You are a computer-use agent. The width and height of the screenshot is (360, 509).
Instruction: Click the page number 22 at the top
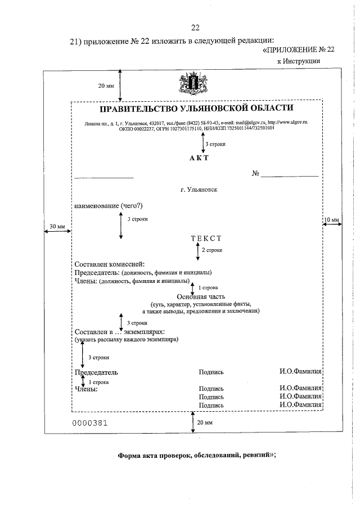(195, 28)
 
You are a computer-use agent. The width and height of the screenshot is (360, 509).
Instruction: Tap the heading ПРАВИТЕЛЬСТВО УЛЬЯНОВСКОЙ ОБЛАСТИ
(196, 108)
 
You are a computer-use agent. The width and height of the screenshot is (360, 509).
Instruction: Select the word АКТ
(199, 157)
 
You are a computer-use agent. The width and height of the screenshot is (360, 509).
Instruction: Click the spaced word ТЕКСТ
(206, 238)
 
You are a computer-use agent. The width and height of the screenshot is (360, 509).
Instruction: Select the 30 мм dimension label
(57, 226)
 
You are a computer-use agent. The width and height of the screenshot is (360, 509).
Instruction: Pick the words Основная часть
(201, 296)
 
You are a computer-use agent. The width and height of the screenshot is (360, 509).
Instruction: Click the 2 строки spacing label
(212, 250)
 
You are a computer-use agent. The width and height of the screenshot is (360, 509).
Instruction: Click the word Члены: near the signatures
(86, 388)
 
